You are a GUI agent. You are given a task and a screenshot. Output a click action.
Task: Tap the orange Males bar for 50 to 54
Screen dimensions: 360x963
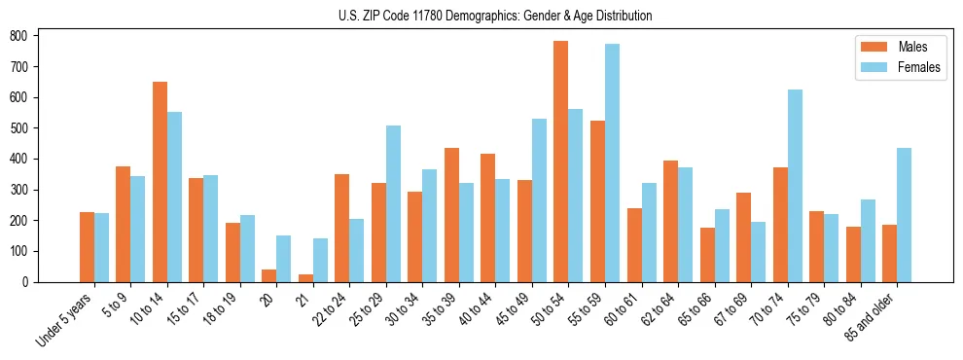click(561, 162)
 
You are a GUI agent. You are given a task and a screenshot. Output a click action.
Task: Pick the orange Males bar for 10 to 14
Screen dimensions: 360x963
click(160, 182)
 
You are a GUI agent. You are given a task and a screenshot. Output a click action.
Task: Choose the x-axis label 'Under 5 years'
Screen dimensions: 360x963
click(64, 318)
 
